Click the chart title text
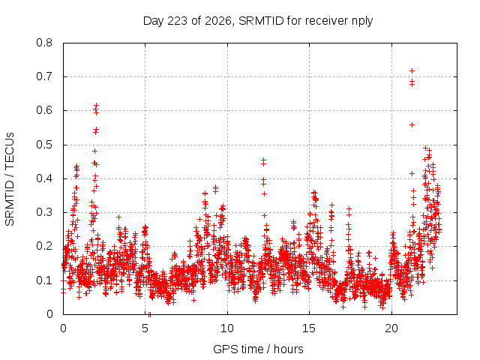coord(258,21)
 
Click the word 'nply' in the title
coord(362,22)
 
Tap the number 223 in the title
coord(178,21)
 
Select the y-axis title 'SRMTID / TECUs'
coord(10,179)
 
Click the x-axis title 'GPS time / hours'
coord(258,349)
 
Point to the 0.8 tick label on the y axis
coord(44,43)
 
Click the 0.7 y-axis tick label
coord(44,76)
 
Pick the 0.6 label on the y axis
coord(44,110)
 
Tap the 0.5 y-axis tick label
coord(44,145)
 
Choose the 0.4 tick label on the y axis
coord(44,178)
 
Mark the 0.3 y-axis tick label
coord(44,212)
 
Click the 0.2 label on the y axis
coord(44,246)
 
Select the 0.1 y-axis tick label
coord(44,280)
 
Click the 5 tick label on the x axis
coord(145,328)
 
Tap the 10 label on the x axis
coord(227,328)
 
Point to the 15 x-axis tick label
coord(309,328)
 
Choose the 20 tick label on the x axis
coord(391,328)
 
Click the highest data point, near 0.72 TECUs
coord(412,71)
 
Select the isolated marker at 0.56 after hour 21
coord(412,125)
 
